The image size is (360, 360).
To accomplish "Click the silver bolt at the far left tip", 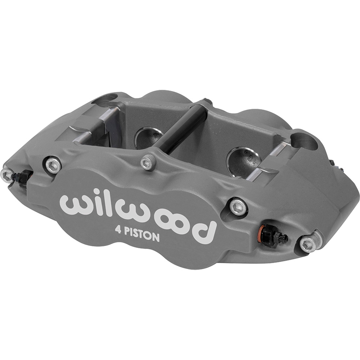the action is point(6,175).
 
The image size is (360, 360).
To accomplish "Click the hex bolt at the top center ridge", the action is point(148,162).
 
